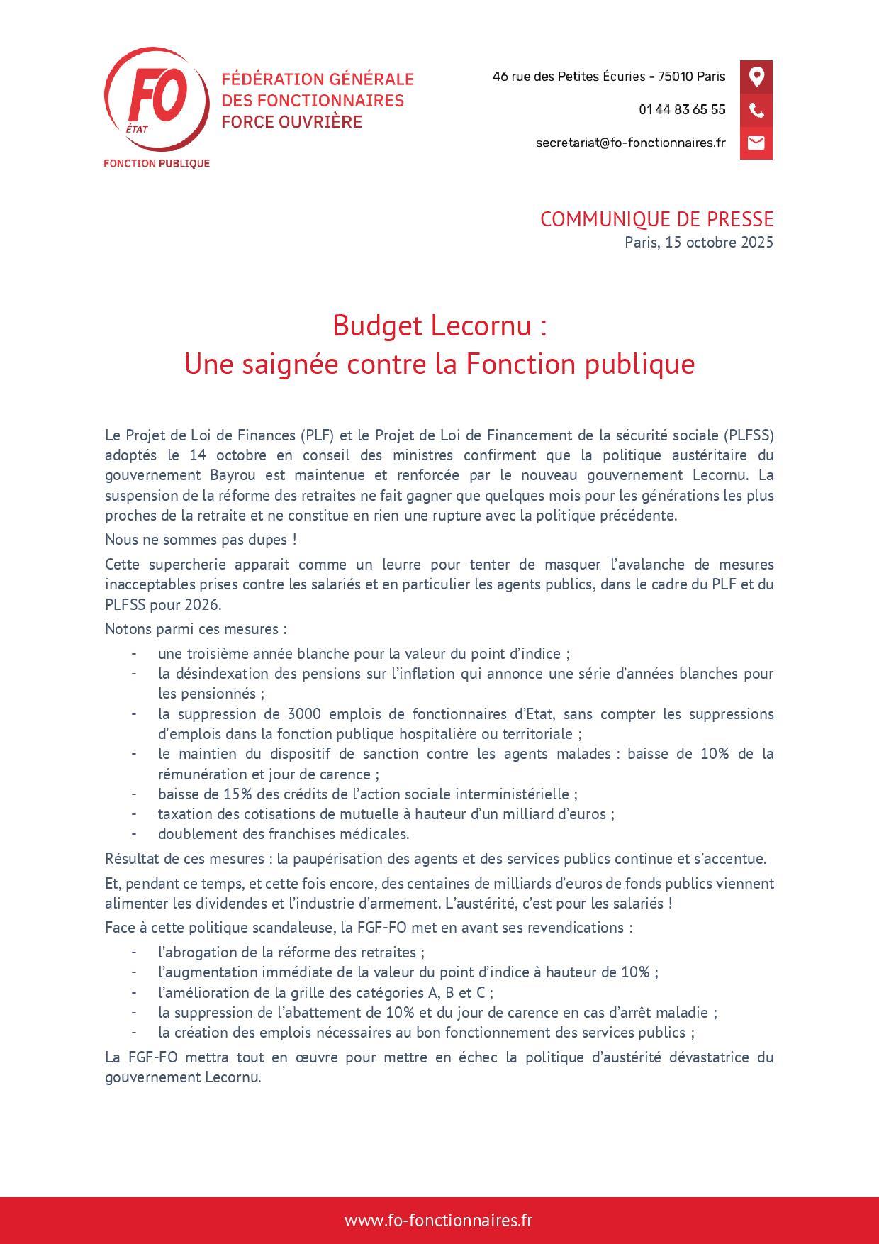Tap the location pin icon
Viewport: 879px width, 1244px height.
[x=756, y=77]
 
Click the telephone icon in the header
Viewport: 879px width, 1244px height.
[x=756, y=110]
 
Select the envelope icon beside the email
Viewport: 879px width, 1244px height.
[x=756, y=143]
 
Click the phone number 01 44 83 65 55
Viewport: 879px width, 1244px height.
[x=682, y=110]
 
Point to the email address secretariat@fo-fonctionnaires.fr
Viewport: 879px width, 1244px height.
[x=631, y=143]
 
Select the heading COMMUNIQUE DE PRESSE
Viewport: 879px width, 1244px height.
[x=656, y=219]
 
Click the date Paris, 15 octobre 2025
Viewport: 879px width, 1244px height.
[x=698, y=242]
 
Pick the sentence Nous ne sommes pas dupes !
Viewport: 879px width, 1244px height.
[x=201, y=540]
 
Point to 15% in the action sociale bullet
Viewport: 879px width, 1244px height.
[x=218, y=794]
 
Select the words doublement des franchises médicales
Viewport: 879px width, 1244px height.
[x=284, y=834]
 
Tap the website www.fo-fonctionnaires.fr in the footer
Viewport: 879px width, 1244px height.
[x=439, y=1221]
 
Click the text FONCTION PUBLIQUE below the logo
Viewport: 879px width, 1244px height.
[x=157, y=163]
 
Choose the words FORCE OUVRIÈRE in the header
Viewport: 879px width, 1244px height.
[x=291, y=122]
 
